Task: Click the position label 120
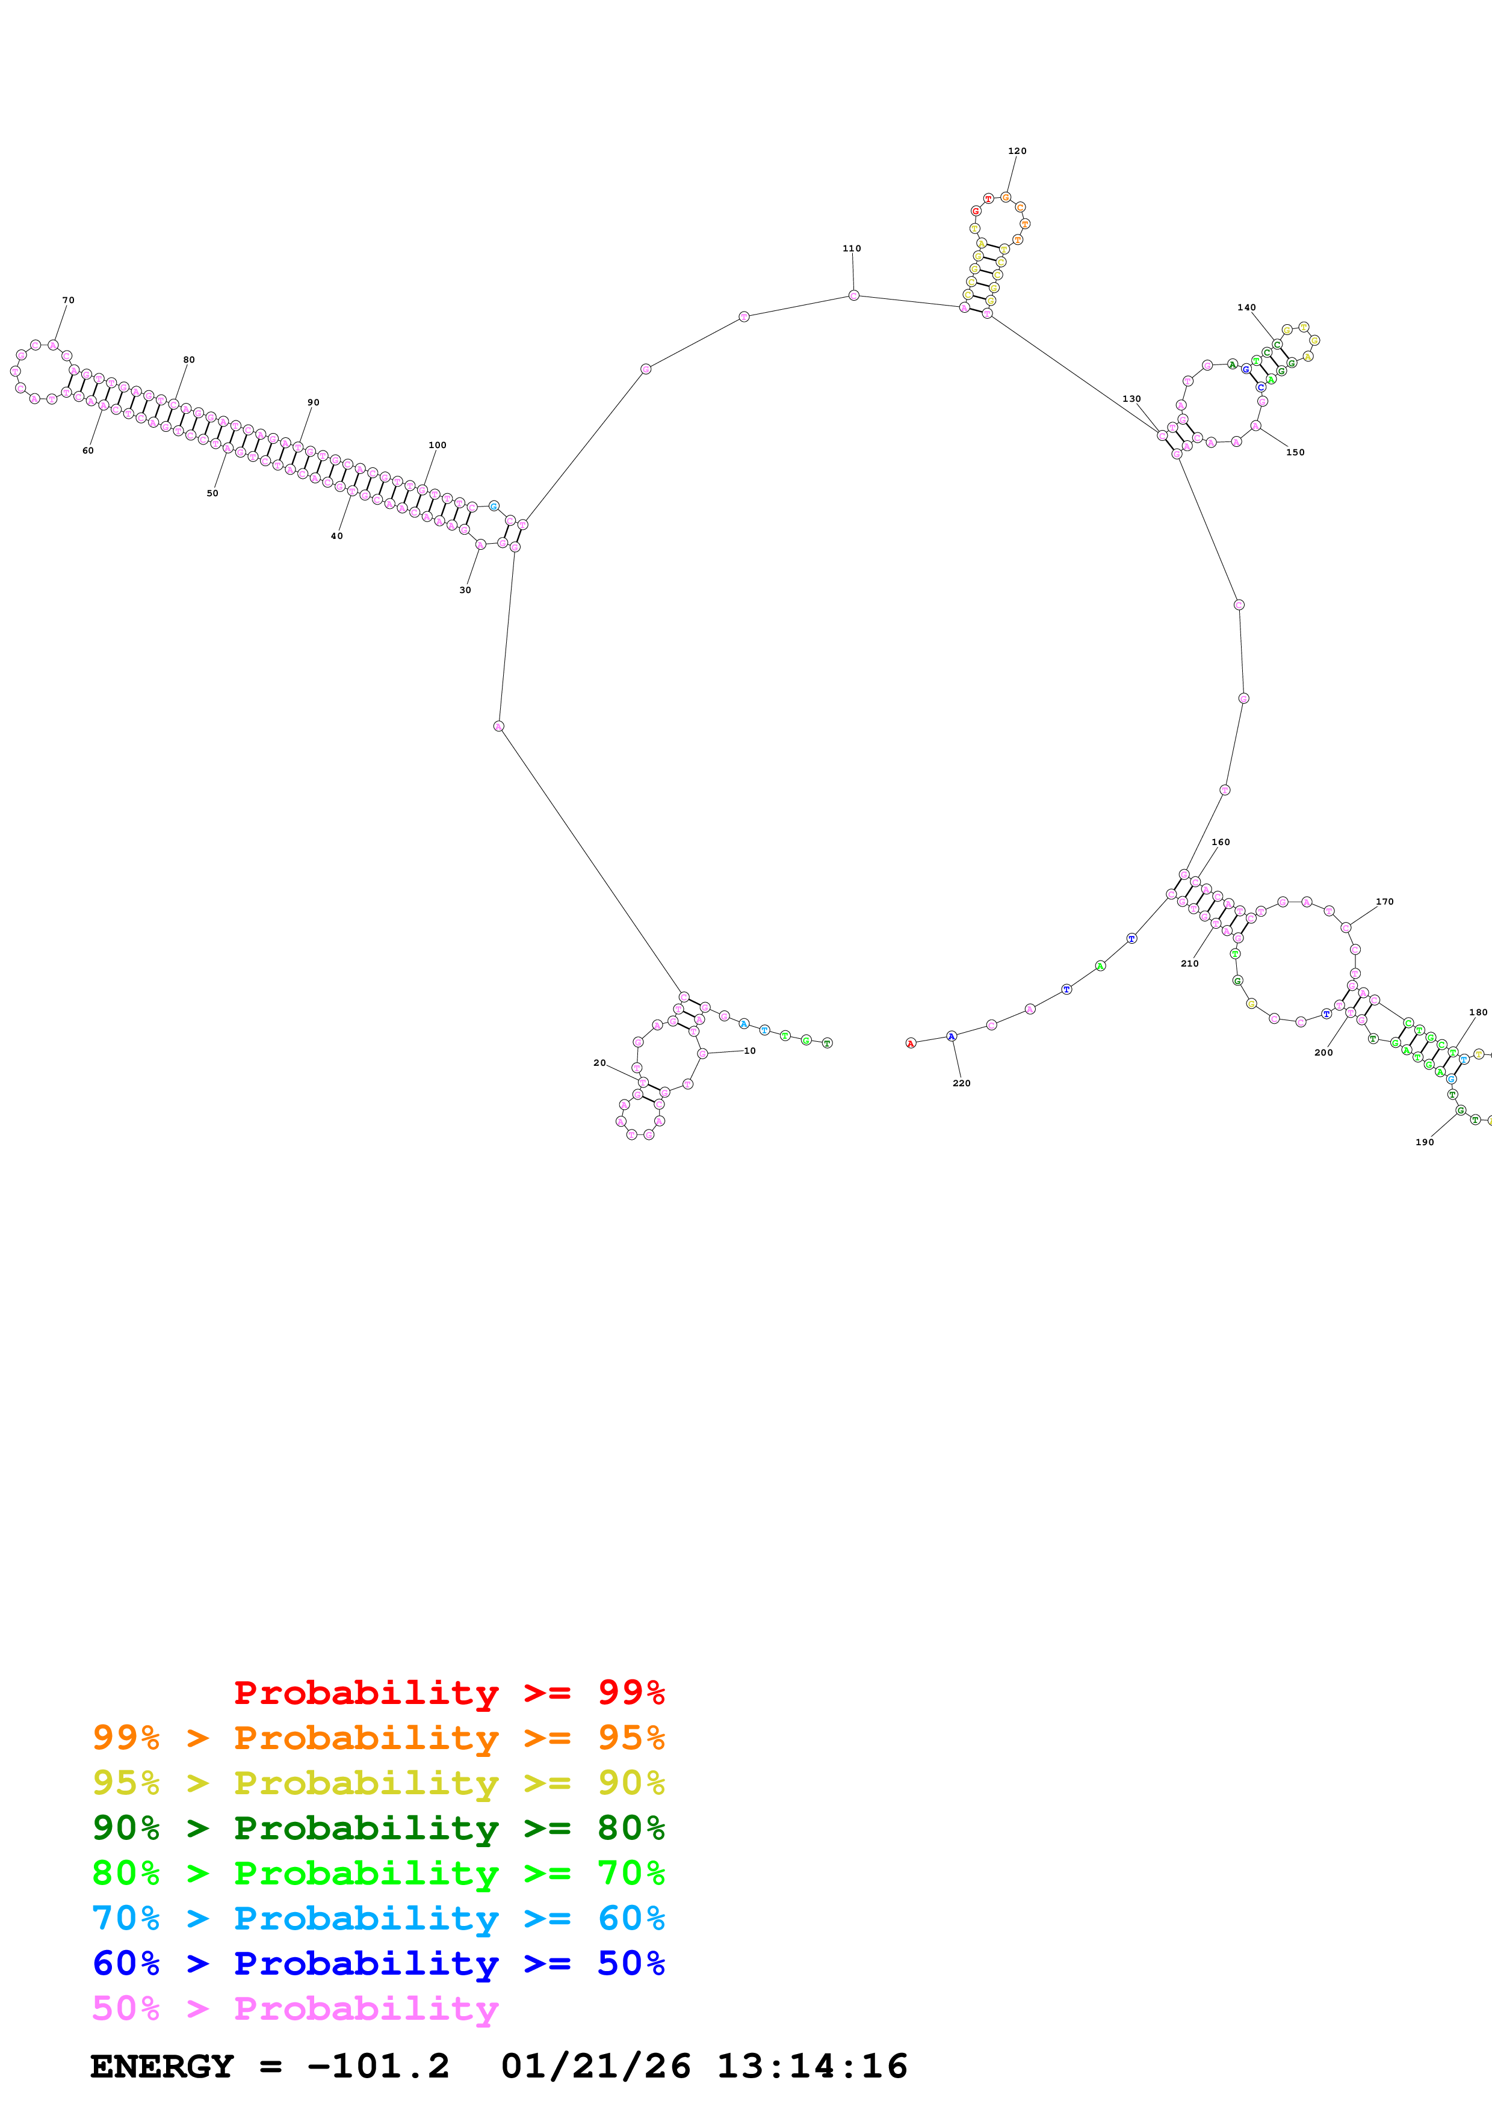pos(1017,151)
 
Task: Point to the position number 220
pos(961,1083)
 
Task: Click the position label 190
pos(1424,1142)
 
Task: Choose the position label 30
pos(465,590)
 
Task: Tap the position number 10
pos(749,1050)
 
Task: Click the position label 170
pos(1384,902)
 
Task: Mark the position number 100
pos(437,444)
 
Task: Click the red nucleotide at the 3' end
pos(910,1043)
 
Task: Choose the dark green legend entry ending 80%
pos(378,1828)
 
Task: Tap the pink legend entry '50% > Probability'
pos(294,2009)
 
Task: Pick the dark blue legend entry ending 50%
pos(378,1964)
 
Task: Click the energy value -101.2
pos(378,2067)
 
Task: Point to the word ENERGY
pos(162,2067)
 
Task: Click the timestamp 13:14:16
pos(812,2067)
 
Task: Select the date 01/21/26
pos(596,2067)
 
